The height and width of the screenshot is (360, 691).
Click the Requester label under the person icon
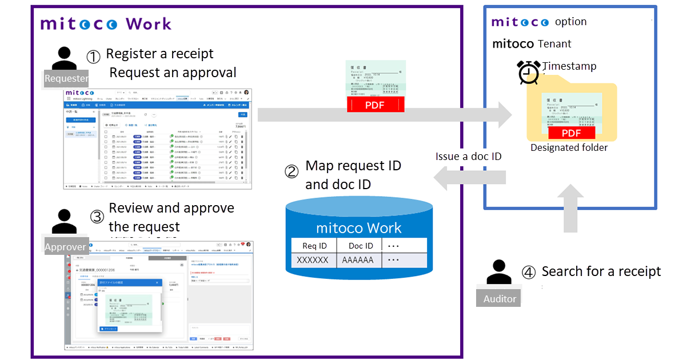click(x=66, y=78)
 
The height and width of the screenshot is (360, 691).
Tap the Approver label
click(x=66, y=247)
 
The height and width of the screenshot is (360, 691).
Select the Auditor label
click(x=500, y=298)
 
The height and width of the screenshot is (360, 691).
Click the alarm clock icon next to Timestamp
click(x=528, y=73)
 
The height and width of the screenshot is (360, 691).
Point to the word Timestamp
click(x=569, y=66)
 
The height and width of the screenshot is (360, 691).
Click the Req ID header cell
click(x=314, y=246)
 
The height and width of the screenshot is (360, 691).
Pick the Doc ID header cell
click(x=361, y=246)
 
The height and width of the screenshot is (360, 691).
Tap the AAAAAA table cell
click(x=358, y=260)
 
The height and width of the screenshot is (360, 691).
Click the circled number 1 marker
click(x=93, y=57)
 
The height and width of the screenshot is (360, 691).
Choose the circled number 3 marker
click(x=98, y=217)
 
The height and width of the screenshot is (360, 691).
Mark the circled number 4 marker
click(x=529, y=273)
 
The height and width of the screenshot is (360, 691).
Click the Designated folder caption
click(x=569, y=147)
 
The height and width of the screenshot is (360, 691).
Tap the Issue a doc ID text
click(x=468, y=157)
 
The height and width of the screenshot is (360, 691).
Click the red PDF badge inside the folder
click(x=571, y=133)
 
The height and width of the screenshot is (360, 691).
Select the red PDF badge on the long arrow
click(x=376, y=105)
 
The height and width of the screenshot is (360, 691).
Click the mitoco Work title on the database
click(x=360, y=228)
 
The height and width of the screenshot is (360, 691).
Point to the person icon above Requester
click(x=65, y=58)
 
